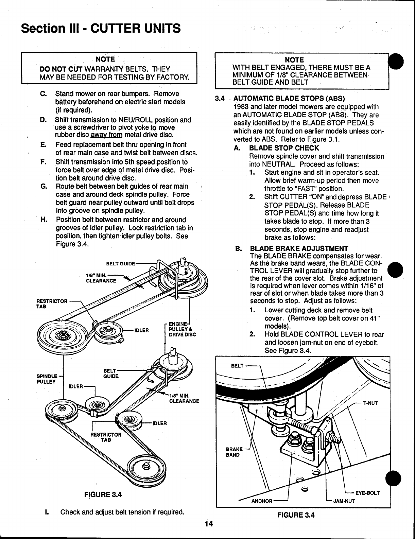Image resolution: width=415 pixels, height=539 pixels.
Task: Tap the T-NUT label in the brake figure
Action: pos(371,403)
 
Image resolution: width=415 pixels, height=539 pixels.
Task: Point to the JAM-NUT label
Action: pos(344,501)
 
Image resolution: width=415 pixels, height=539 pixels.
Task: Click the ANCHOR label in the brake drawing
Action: pos(262,501)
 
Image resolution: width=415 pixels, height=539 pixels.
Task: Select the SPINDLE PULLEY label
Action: pos(47,379)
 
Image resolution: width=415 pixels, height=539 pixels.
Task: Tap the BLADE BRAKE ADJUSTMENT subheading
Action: pos(299,248)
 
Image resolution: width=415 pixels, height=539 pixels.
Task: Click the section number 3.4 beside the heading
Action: pos(220,99)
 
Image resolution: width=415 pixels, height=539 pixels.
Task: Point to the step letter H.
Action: pos(43,220)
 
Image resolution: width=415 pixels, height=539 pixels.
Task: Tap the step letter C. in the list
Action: pos(43,93)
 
